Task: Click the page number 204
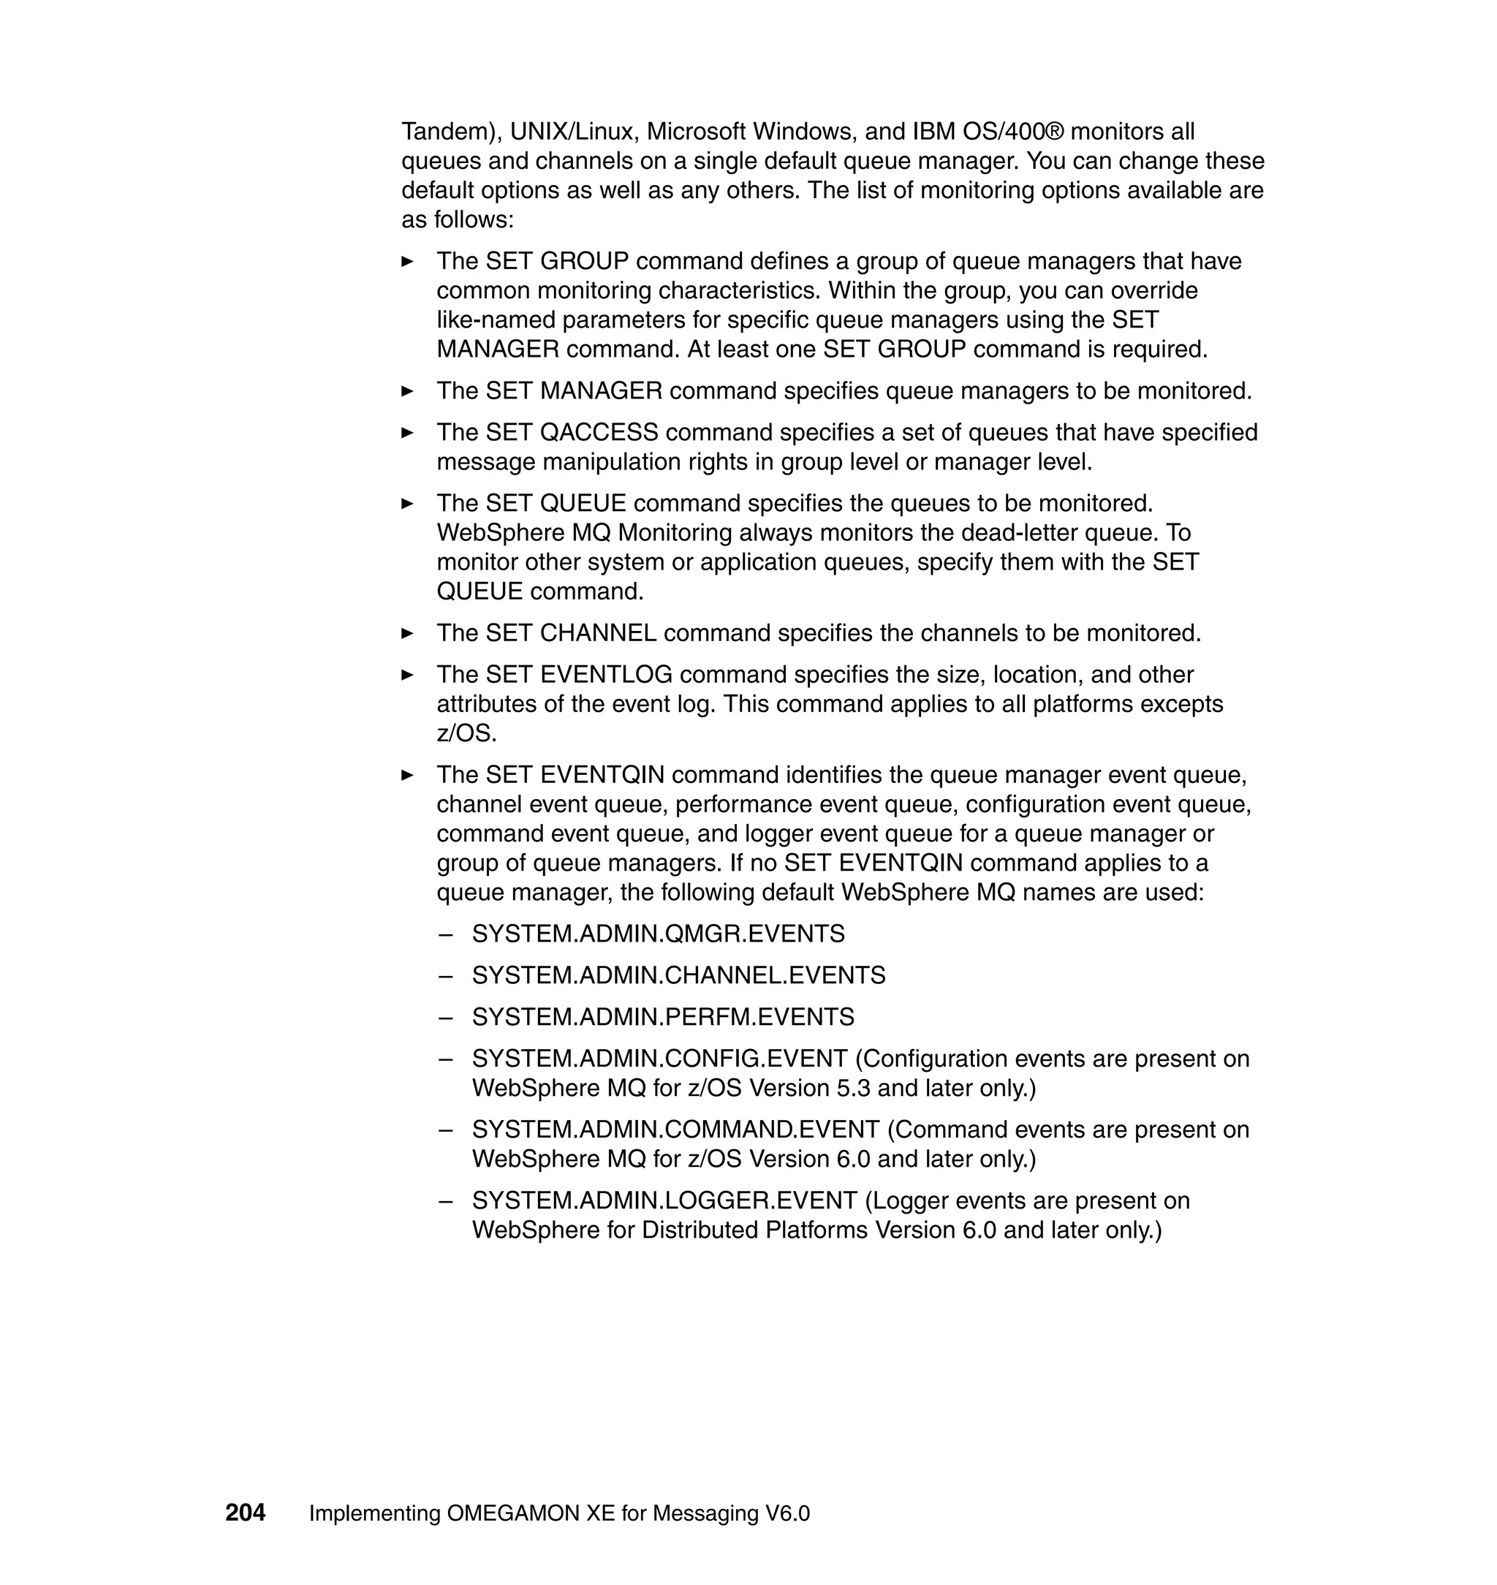[x=245, y=1513]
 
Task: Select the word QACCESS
[x=599, y=433]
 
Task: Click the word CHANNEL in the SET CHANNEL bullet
[x=598, y=633]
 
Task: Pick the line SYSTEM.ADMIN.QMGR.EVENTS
[x=658, y=934]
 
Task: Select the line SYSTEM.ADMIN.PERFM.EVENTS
[x=662, y=1017]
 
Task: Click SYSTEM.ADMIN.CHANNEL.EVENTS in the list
[x=678, y=975]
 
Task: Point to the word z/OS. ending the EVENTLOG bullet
[x=466, y=733]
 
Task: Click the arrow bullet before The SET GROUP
[x=407, y=261]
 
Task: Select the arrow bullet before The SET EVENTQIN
[x=407, y=775]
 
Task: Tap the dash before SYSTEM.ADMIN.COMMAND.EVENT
[x=445, y=1130]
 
